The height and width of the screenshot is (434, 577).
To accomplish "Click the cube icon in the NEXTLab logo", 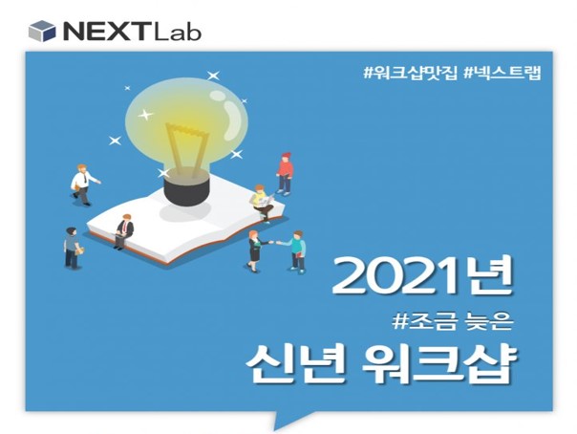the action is coord(42,31).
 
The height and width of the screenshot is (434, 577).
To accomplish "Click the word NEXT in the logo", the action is coord(105,32).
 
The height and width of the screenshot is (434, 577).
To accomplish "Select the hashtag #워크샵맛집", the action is coord(410,73).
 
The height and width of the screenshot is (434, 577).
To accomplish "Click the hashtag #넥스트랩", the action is coord(502,73).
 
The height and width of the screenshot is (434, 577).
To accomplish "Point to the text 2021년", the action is coord(421,275).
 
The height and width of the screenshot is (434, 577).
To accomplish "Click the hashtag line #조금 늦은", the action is coord(453,322).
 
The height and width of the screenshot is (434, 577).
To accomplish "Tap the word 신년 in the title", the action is coord(295,363).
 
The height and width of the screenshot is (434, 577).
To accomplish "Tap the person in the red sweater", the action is coord(285,174).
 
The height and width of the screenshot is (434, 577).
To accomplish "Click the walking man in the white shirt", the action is coord(84,184).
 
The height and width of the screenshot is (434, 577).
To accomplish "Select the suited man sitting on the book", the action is coord(123,230).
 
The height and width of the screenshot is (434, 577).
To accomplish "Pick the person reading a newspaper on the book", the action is coord(262,203).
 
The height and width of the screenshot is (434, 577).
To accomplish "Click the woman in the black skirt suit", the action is coord(257,250).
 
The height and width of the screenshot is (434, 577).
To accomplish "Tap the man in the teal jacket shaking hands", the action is coord(295,251).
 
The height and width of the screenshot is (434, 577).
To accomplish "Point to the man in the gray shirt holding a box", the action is coord(73,249).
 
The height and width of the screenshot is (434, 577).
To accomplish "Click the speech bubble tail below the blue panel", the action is coord(290,420).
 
